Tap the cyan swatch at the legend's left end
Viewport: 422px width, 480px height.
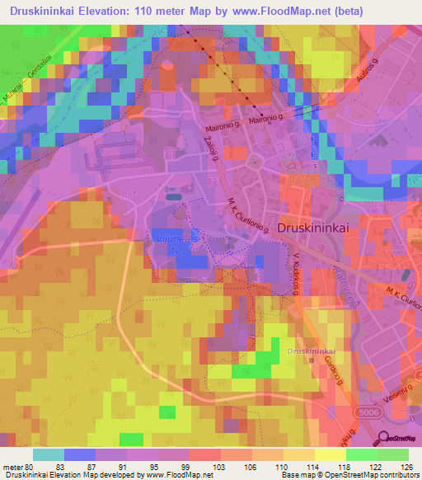point(48,454)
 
